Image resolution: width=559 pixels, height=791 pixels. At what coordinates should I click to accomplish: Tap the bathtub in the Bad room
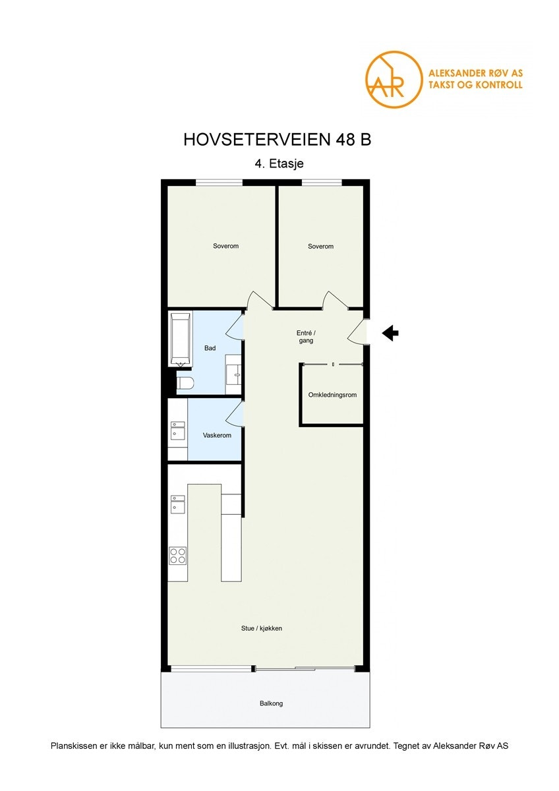coord(181,339)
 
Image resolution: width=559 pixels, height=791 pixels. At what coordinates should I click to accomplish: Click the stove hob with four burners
coord(177,555)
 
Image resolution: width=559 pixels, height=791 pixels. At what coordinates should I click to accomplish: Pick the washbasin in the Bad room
coord(233,369)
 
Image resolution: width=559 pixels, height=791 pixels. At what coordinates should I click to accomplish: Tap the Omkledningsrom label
coord(332,395)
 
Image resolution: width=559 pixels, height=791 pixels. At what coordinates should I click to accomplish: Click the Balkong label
coord(271,703)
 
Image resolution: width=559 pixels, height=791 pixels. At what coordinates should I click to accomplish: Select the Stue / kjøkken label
coord(262,628)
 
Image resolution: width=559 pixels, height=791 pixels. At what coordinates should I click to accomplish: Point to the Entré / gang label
coord(306,337)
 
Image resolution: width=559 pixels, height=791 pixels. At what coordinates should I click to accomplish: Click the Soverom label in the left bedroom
coord(225,246)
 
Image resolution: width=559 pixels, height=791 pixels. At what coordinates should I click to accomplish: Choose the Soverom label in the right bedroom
coord(320,246)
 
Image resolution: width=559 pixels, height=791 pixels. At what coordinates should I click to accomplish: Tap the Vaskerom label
coord(217,436)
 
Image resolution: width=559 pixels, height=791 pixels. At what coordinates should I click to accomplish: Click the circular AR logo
coord(394,79)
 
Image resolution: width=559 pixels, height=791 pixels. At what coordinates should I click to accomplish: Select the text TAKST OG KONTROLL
coord(475,85)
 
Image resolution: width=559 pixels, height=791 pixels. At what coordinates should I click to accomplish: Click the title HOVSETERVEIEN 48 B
coord(278,140)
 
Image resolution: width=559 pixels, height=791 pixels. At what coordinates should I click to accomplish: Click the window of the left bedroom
coord(220,183)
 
